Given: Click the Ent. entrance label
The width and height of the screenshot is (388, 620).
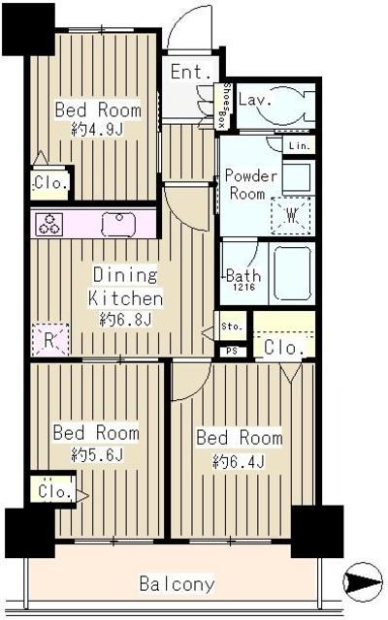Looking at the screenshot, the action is pos(191,72).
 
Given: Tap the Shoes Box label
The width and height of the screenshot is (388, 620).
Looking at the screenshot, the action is pos(222,106).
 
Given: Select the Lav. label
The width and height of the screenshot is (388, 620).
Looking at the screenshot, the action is pos(255,99).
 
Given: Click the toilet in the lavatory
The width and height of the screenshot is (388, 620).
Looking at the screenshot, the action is pos(286,104).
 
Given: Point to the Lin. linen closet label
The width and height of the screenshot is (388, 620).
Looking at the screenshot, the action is pos(300,146).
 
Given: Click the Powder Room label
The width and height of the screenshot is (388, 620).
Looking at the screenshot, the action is pos(250,185).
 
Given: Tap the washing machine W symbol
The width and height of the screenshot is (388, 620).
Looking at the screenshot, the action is pos(291,215).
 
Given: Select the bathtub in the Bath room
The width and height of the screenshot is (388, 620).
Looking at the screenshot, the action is pos(292,273).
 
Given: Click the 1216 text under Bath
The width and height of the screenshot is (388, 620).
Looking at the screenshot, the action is pos(243,288).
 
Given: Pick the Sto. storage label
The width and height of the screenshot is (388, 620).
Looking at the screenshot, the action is pos(232,326).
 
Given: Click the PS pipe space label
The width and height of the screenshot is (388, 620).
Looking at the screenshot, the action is pos(232,351).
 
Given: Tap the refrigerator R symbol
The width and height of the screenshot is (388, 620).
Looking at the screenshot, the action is pos(49,339).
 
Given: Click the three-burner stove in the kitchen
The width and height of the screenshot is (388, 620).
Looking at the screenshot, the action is pos(49,225).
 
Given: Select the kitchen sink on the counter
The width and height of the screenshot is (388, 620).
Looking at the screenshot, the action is pos(118,225).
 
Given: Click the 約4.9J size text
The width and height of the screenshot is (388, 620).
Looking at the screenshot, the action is pos(97,129).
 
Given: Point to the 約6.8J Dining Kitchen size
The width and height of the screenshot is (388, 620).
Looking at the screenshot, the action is pos(125,320).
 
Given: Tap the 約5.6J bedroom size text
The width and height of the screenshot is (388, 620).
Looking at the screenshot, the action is pos(97,454).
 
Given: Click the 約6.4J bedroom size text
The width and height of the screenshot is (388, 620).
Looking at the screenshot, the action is pos(239,461).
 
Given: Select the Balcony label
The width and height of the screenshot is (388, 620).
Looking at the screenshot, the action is pos(177,583).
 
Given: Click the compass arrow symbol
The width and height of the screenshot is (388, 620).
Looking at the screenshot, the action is pos(363,582).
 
